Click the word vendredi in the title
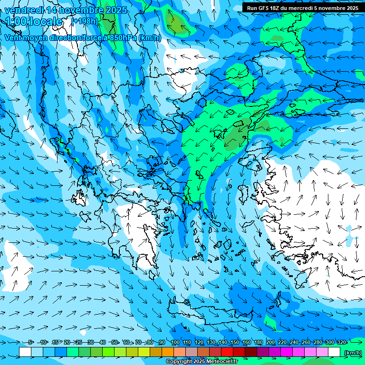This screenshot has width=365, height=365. coord(24,10)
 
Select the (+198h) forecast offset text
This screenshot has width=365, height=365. coord(84,21)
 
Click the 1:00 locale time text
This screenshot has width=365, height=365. coord(33,21)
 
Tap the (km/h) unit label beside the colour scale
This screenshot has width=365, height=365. coord(352,353)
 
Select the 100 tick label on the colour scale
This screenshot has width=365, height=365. coord(175,342)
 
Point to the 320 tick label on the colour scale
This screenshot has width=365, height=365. coord(342,342)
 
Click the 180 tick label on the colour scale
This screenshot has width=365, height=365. coord(259,342)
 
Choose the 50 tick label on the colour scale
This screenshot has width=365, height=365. coord(115,342)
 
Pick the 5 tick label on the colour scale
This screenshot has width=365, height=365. coord(31,342)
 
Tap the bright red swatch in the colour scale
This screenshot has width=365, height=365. coord(227,352)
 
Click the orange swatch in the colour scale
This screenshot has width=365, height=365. coord(168,352)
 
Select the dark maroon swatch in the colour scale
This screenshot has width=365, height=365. coord(251,352)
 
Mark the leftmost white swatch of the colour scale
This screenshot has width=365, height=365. coord(25,352)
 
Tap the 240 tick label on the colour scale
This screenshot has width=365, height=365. coord(294,342)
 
